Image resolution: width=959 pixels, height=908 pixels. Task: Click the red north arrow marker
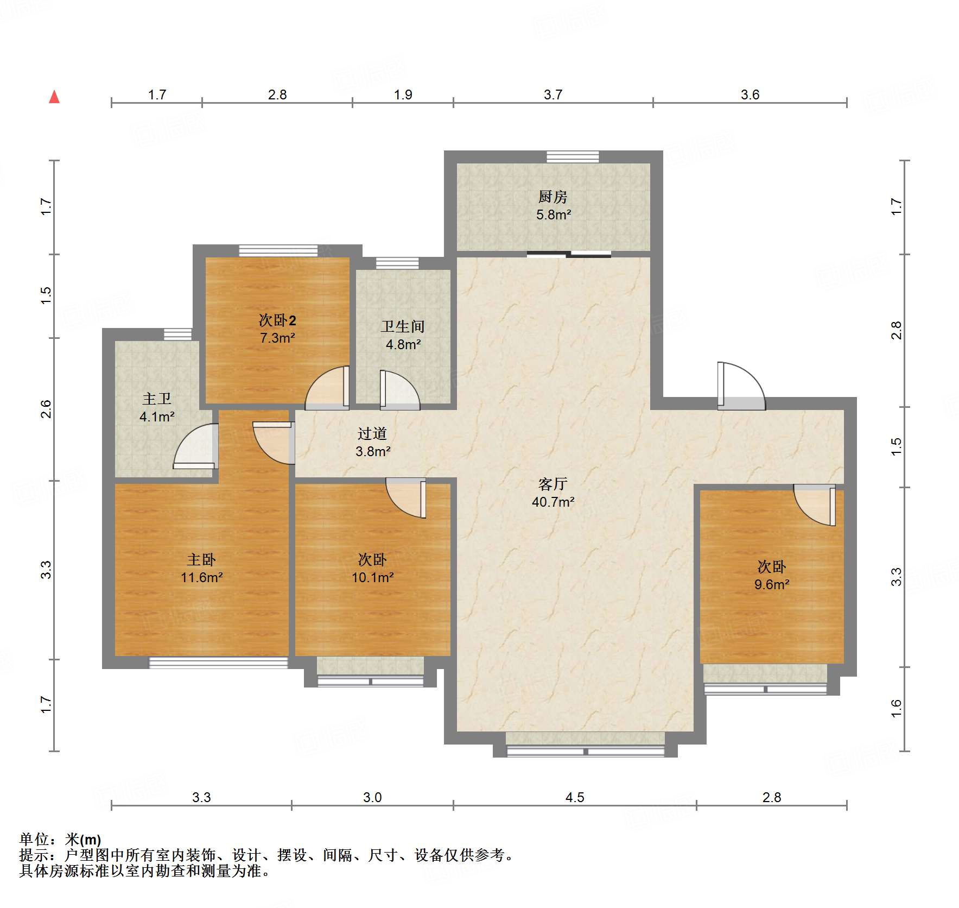tap(54, 97)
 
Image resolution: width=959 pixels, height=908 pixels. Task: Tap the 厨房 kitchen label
tap(553, 197)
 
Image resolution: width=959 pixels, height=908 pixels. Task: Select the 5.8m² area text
tap(554, 215)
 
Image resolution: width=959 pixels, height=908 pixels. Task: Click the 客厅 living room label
tap(553, 484)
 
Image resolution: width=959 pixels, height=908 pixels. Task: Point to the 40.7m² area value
tap(553, 502)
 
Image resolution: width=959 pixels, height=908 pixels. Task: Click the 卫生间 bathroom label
tap(403, 326)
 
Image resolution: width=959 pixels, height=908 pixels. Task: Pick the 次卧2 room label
tap(277, 320)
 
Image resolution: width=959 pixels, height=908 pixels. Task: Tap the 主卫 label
tap(157, 399)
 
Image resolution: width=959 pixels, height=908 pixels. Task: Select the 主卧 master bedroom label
tap(201, 559)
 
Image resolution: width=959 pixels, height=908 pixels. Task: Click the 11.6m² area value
tap(202, 577)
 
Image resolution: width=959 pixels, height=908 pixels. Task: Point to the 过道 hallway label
tap(372, 433)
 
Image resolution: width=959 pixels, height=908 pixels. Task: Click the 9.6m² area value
tap(772, 584)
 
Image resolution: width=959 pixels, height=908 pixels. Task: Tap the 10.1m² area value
tap(373, 577)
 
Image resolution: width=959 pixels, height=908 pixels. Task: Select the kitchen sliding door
tap(569, 254)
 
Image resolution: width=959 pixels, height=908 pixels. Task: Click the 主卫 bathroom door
tap(195, 445)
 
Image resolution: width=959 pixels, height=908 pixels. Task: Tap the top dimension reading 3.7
tap(553, 94)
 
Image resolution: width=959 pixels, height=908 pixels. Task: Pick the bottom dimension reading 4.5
tap(575, 797)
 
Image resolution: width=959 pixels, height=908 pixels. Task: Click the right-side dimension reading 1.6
tap(896, 708)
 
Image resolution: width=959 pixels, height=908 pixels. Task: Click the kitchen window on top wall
tap(573, 157)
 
